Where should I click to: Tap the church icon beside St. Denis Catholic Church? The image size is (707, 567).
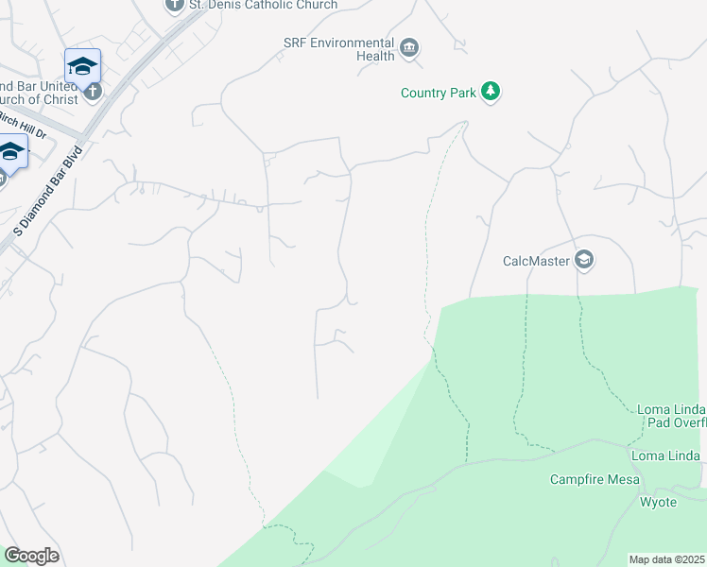pyautogui.click(x=174, y=5)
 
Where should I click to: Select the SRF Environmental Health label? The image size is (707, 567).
pyautogui.click(x=338, y=49)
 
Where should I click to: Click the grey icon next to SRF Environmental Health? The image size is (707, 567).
pyautogui.click(x=409, y=48)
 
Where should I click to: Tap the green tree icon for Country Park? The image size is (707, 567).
pyautogui.click(x=490, y=92)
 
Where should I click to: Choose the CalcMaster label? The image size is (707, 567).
pyautogui.click(x=535, y=260)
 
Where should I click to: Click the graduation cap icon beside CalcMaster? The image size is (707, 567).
pyautogui.click(x=584, y=260)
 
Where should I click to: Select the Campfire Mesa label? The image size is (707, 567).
pyautogui.click(x=595, y=479)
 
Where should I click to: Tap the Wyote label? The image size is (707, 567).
pyautogui.click(x=658, y=502)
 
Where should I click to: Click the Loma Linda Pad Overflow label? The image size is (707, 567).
pyautogui.click(x=671, y=416)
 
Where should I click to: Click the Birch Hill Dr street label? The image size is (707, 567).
pyautogui.click(x=22, y=125)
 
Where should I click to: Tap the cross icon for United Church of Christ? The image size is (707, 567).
pyautogui.click(x=91, y=92)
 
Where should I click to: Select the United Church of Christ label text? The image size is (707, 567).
pyautogui.click(x=38, y=93)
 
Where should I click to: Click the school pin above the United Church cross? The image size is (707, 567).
pyautogui.click(x=82, y=66)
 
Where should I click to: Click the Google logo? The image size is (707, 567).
pyautogui.click(x=31, y=556)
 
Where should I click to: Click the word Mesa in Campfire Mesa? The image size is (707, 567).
pyautogui.click(x=623, y=479)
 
